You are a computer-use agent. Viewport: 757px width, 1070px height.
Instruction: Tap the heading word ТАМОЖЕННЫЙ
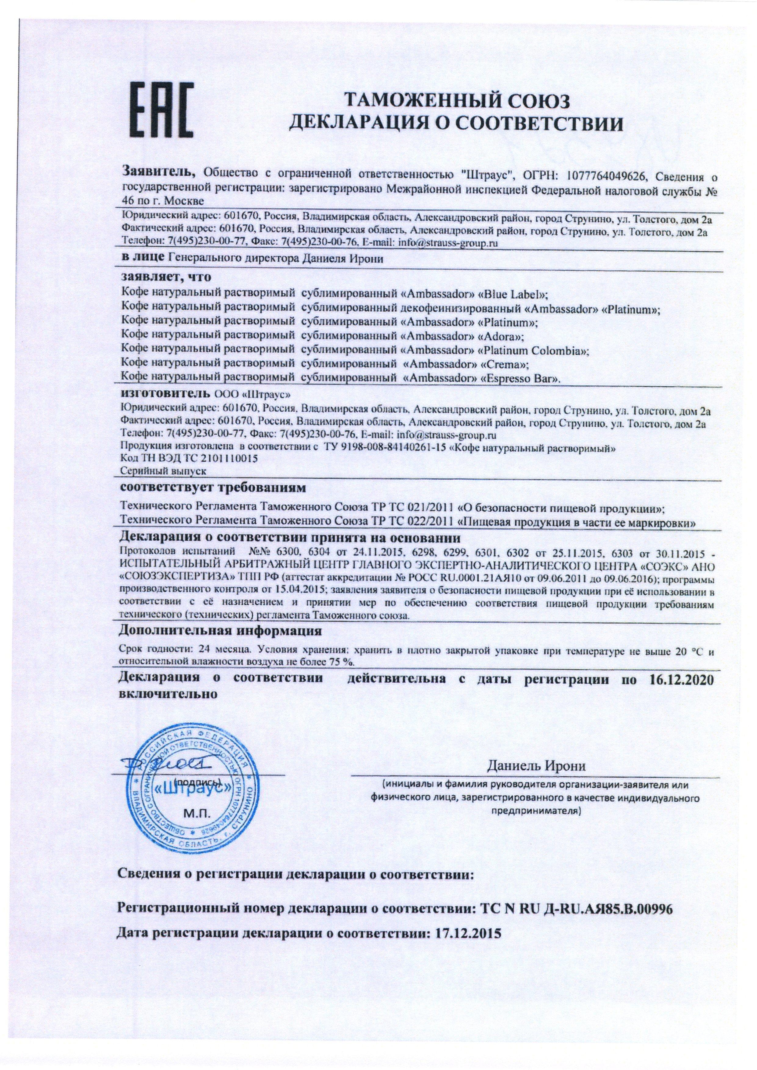pyautogui.click(x=406, y=100)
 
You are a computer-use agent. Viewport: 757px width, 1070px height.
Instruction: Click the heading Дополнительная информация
pyautogui.click(x=221, y=632)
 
